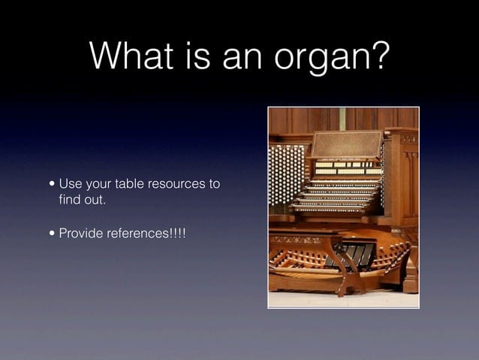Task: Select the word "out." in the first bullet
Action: coord(97,201)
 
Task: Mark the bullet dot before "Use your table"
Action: coord(50,185)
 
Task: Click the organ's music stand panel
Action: coord(346,144)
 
